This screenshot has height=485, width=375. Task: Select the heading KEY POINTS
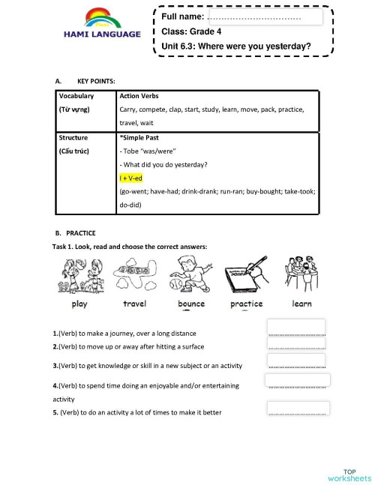coord(96,81)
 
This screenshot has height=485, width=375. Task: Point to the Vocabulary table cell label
coord(76,96)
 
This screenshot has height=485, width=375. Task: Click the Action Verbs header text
coord(139,96)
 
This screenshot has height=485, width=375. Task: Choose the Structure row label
coord(73,138)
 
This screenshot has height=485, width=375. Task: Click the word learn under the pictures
coord(301,304)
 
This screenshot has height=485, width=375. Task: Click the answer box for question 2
coord(296,344)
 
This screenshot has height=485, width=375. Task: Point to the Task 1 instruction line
coord(130,247)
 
